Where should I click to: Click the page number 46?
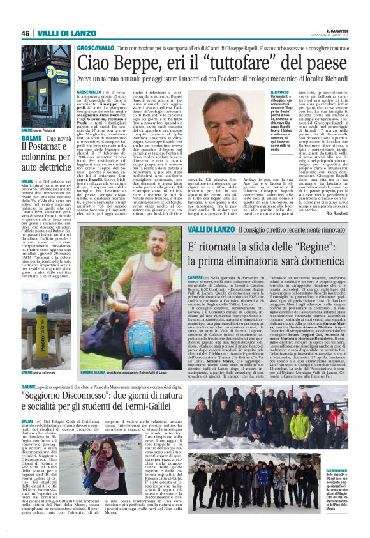(x=26, y=33)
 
